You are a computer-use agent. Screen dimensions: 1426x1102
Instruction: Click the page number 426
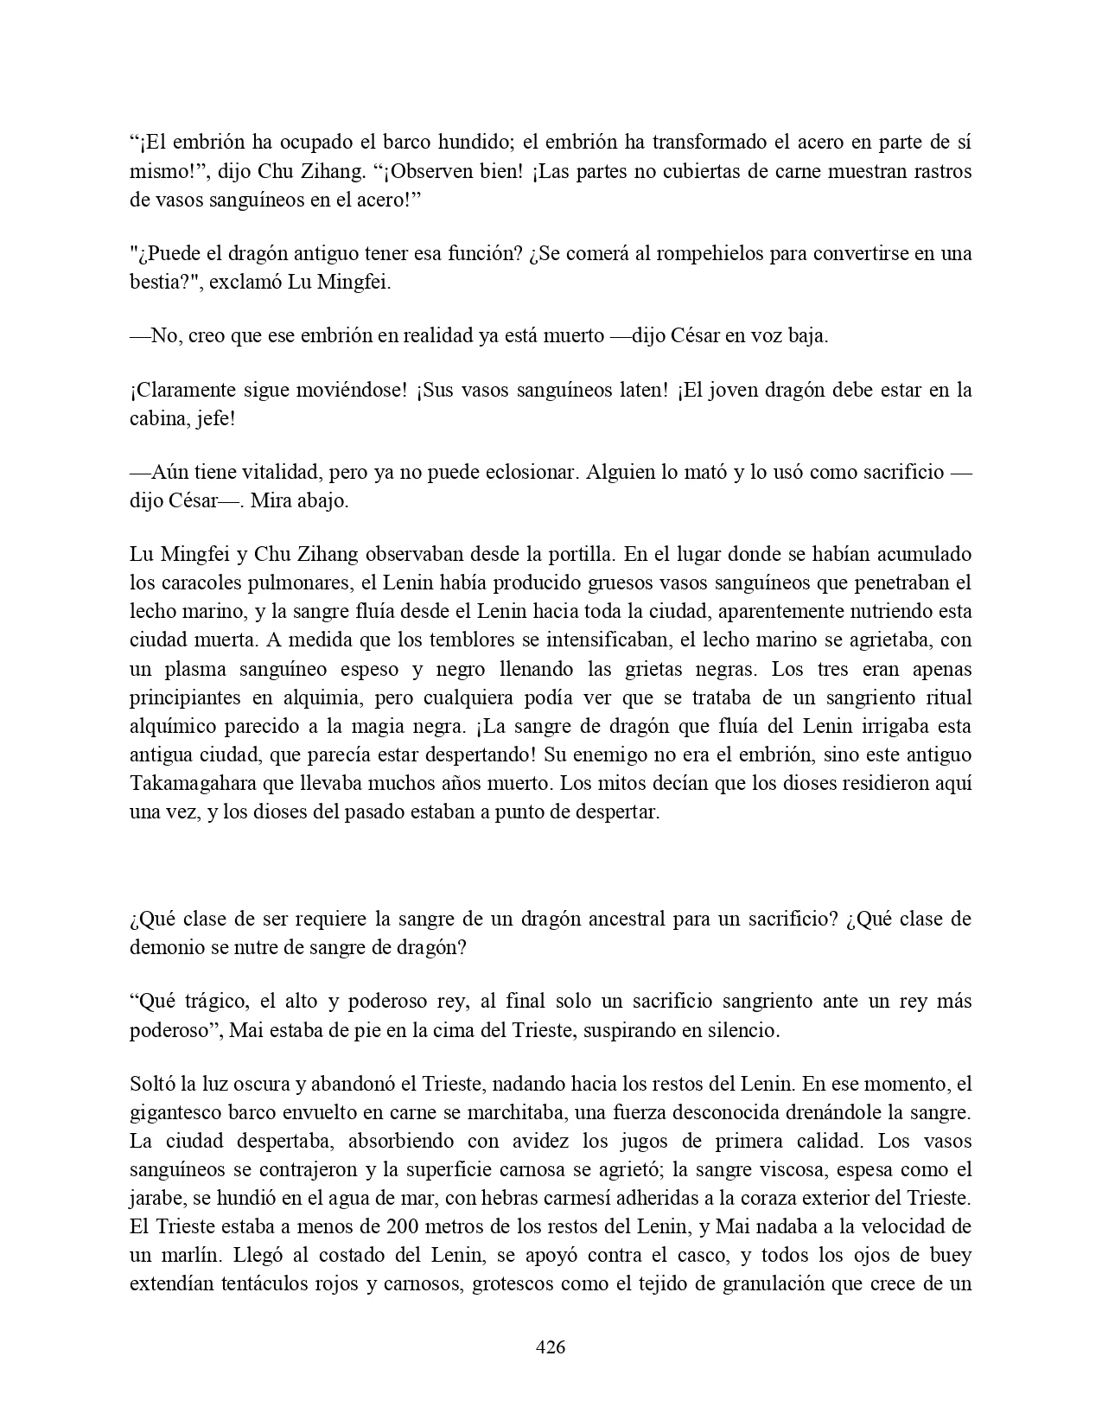point(551,1346)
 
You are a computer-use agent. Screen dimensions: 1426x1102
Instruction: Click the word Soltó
point(152,1084)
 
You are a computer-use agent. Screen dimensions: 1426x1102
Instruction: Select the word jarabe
point(156,1199)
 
